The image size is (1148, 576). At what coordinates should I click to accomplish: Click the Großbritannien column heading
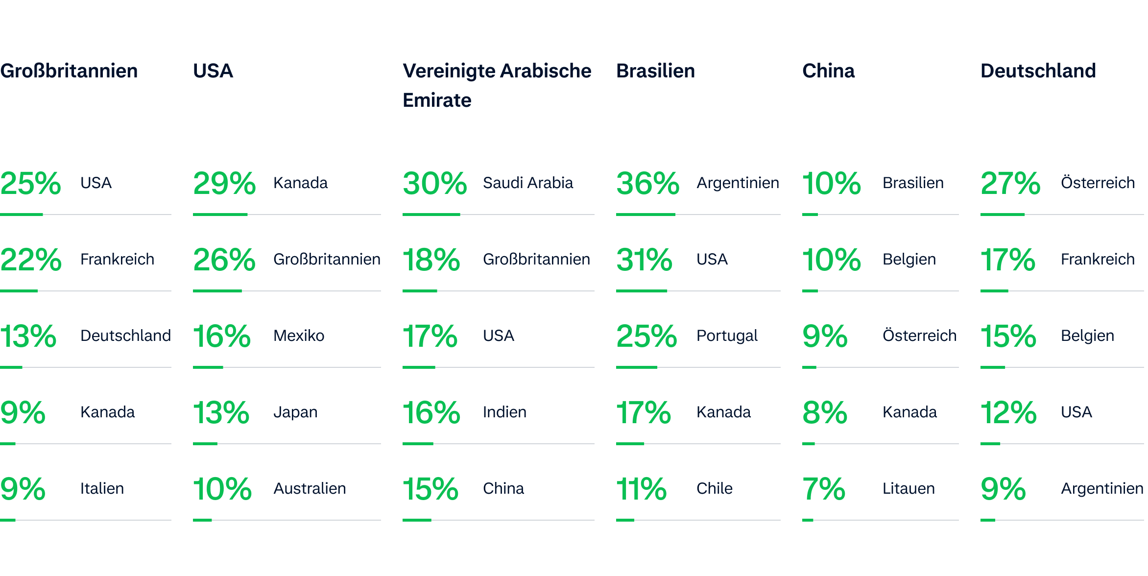click(69, 71)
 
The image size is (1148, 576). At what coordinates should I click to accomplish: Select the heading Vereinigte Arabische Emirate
click(497, 85)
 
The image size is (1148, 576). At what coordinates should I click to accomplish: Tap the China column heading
click(828, 71)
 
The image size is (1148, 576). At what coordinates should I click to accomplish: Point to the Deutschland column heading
click(1038, 71)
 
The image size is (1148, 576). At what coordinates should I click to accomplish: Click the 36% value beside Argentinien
click(647, 183)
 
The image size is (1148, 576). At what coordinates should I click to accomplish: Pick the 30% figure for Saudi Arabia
click(434, 183)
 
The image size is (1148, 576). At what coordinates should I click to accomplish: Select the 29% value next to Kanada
click(224, 183)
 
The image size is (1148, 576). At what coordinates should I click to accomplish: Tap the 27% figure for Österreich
click(1010, 183)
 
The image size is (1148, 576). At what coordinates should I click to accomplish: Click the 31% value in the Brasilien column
click(644, 260)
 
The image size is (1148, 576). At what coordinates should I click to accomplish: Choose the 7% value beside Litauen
click(823, 489)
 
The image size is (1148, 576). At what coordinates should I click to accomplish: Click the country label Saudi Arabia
click(528, 183)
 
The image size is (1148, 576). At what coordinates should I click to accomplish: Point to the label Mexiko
click(299, 336)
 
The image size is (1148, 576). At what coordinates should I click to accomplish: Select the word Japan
click(295, 412)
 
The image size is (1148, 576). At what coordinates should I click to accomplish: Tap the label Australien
click(310, 489)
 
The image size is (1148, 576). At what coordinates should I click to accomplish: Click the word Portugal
click(727, 336)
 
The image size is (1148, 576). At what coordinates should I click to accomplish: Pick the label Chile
click(715, 489)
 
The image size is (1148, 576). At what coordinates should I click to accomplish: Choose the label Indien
click(504, 412)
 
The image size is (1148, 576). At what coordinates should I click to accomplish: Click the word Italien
click(102, 489)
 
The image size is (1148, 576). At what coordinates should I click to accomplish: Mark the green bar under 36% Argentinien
click(646, 215)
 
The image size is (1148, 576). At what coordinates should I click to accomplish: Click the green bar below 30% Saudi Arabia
click(431, 215)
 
